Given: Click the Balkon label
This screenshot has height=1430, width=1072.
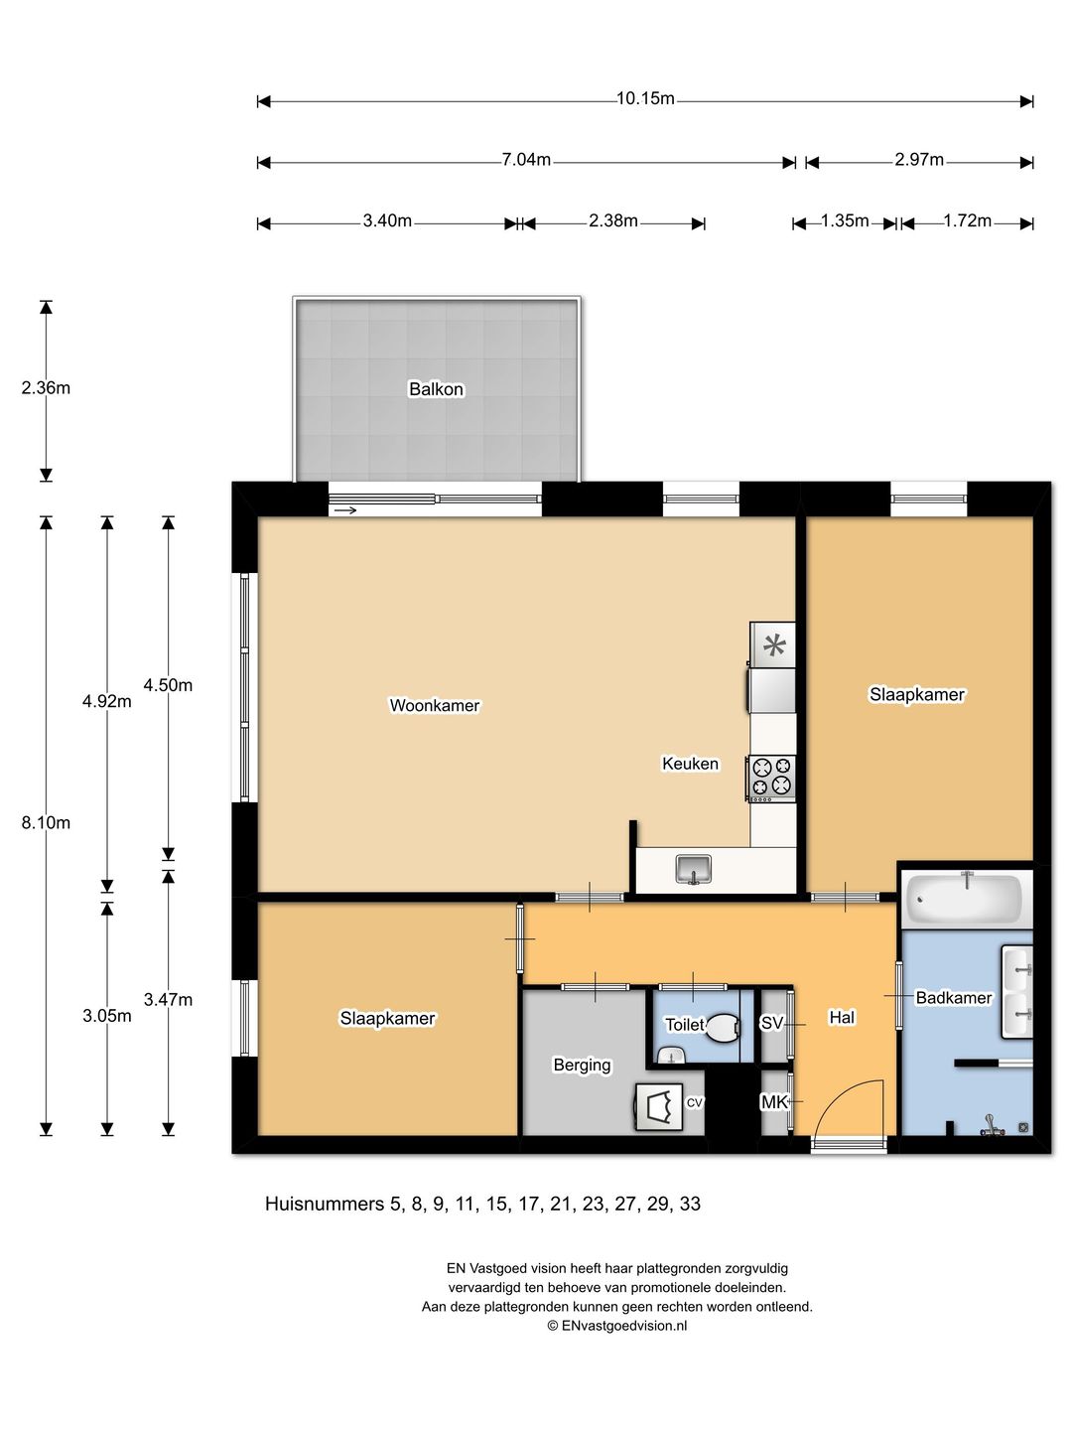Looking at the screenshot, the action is (x=436, y=389).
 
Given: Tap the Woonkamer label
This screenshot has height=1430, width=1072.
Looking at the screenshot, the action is (x=434, y=705).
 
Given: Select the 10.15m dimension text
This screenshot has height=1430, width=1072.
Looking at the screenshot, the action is (x=645, y=99).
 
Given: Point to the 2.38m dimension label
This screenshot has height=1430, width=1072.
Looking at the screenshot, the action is (x=613, y=220).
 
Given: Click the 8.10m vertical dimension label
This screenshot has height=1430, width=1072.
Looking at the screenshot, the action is (x=46, y=822).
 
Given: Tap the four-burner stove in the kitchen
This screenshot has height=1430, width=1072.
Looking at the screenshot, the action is (x=771, y=778).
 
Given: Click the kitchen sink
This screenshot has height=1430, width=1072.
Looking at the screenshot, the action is (x=695, y=869).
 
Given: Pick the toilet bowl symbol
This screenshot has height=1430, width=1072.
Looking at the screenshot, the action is (x=723, y=1028).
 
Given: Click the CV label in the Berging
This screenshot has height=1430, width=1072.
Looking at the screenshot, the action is (x=695, y=1102).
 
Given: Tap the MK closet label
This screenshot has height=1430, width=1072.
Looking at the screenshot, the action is (x=774, y=1101).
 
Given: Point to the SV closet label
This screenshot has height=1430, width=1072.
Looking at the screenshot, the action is (x=771, y=1023).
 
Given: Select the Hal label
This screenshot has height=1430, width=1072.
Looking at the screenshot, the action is (x=842, y=1017).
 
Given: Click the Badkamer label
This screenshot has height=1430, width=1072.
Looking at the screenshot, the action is (x=954, y=997).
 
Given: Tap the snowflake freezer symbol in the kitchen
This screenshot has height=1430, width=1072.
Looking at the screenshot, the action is (x=774, y=645).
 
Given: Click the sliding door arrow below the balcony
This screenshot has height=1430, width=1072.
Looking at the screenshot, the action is (x=345, y=510).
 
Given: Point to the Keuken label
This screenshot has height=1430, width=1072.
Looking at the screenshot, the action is (x=690, y=763).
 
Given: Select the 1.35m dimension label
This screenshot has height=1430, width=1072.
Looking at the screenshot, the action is (x=844, y=220).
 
